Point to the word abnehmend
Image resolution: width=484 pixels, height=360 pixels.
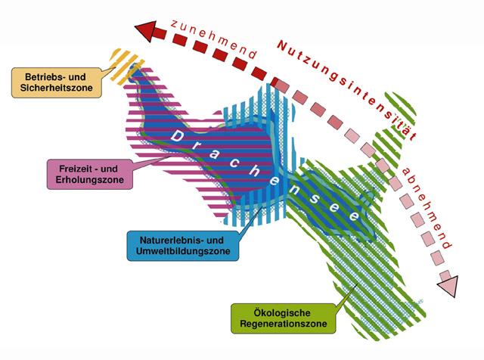tap(430, 206)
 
